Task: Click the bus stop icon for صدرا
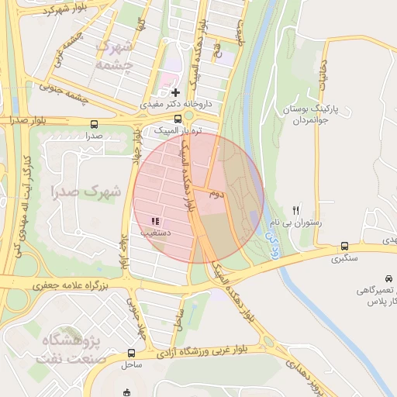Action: click(95, 123)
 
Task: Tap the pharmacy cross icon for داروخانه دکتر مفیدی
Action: click(176, 92)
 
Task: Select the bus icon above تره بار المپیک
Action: click(179, 119)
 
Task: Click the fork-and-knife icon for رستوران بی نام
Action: click(295, 210)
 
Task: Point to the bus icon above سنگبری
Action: click(344, 247)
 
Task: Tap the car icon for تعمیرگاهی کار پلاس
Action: click(388, 278)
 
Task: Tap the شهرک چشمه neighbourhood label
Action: click(115, 56)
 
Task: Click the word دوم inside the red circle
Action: click(216, 193)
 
